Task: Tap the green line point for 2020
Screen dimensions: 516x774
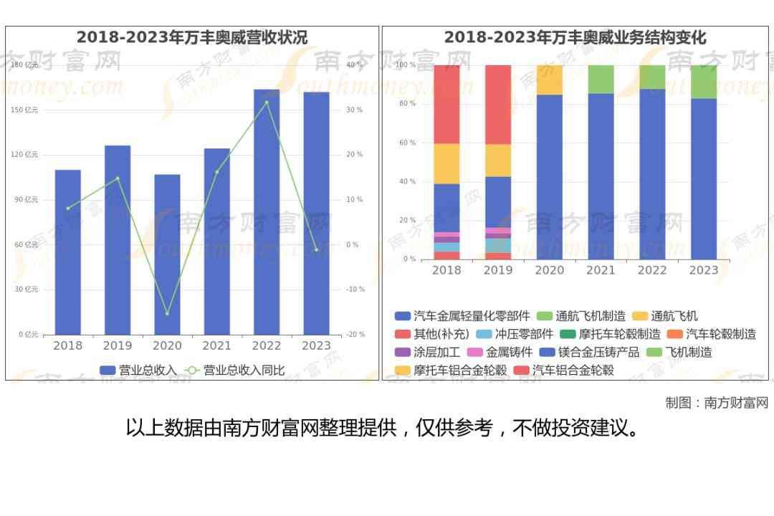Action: point(167,313)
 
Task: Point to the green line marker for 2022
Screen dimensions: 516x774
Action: point(267,102)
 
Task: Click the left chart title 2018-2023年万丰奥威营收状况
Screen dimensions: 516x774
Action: point(191,37)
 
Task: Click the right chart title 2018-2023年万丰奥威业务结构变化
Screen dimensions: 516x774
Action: point(575,37)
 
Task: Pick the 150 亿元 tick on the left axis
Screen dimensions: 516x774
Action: point(25,110)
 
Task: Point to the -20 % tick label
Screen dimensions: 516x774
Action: point(355,335)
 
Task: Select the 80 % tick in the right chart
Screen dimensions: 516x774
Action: point(407,104)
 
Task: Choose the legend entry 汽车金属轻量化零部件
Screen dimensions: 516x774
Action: point(462,316)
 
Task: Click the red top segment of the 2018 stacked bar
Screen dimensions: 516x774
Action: point(446,104)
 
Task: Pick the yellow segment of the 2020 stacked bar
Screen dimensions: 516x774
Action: point(550,80)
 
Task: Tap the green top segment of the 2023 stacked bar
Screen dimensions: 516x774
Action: point(704,82)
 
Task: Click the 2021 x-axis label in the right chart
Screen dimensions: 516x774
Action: point(601,270)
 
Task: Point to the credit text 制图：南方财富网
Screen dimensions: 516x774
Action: point(717,403)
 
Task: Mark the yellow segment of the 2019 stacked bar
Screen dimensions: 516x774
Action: point(498,161)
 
